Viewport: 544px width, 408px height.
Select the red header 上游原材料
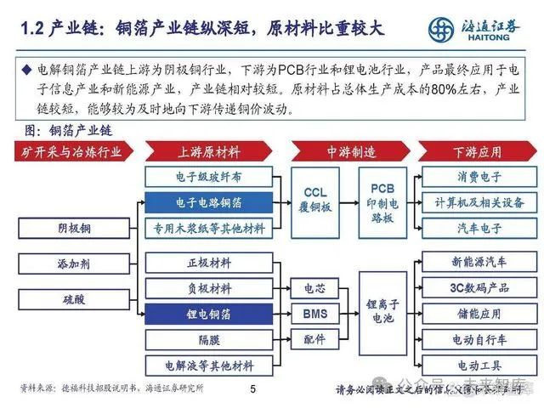208,152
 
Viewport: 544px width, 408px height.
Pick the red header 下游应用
477,152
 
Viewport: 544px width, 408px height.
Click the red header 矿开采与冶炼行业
73,152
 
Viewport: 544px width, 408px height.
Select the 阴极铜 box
74,229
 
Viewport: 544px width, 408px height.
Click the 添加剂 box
74,263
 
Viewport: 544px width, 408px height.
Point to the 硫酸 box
74,299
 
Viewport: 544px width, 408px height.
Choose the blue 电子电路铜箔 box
208,203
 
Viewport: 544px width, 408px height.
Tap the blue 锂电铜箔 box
208,314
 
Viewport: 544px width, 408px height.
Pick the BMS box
314,314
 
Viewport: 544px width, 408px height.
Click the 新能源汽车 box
476,262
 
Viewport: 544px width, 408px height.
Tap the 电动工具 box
476,365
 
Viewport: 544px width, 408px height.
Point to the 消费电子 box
476,178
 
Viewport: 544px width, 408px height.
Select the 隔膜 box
208,339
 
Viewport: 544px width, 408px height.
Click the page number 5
252,390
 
